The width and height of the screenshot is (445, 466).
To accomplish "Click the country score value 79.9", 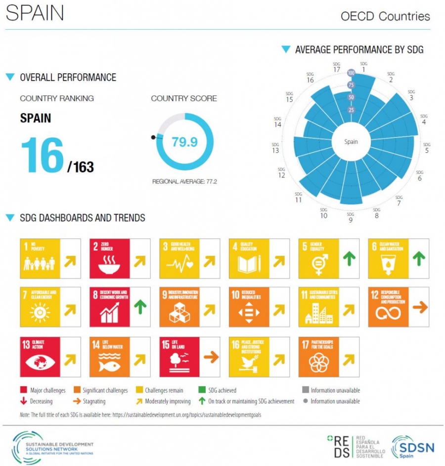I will click(x=184, y=142).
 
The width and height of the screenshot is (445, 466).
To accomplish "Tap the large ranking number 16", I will click(x=43, y=155).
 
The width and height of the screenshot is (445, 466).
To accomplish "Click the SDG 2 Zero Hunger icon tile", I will click(x=109, y=258).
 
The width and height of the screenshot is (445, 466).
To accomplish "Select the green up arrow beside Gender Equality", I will click(x=349, y=258).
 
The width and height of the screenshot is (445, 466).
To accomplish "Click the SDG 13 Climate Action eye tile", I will click(x=40, y=357).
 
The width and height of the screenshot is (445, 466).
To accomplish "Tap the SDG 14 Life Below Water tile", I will click(x=109, y=357).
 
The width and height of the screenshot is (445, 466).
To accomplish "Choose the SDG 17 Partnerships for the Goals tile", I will click(x=318, y=357).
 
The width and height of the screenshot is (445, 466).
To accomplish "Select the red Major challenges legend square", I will click(x=23, y=390).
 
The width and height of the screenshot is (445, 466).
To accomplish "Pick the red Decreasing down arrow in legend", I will click(x=23, y=401).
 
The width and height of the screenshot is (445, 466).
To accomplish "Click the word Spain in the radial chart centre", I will click(x=351, y=142).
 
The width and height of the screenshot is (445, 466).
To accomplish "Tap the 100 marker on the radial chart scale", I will click(x=352, y=73).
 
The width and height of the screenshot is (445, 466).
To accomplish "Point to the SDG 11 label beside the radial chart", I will click(x=298, y=197).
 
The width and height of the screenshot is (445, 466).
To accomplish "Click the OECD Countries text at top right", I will click(x=385, y=16).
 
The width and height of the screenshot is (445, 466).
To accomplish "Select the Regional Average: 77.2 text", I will click(x=184, y=182).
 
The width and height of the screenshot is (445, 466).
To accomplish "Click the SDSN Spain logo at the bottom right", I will click(x=412, y=448).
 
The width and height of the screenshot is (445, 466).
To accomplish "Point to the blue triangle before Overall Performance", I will click(x=10, y=77).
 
